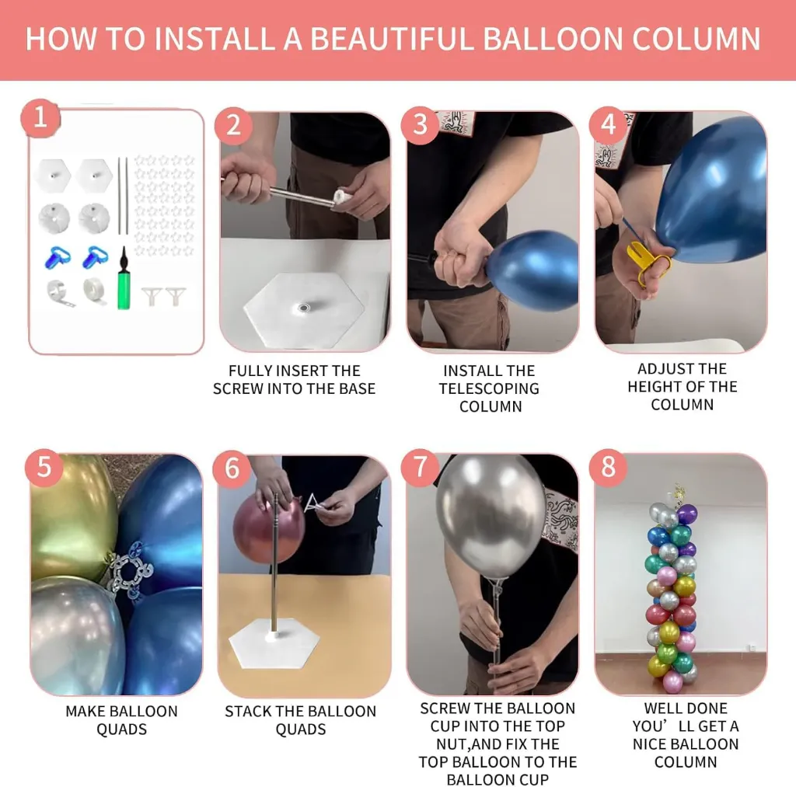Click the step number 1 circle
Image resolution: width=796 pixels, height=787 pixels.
40,118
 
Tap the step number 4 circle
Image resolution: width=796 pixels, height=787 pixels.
608,125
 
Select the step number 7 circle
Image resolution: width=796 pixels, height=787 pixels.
420,468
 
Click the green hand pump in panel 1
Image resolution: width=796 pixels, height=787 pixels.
124,279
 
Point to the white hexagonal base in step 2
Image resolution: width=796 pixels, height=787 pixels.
304,308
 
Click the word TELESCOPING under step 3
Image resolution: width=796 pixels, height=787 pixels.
489,388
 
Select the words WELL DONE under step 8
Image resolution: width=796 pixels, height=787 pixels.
686,709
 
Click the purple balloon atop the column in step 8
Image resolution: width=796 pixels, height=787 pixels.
687,514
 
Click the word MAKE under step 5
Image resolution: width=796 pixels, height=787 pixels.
84,712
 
